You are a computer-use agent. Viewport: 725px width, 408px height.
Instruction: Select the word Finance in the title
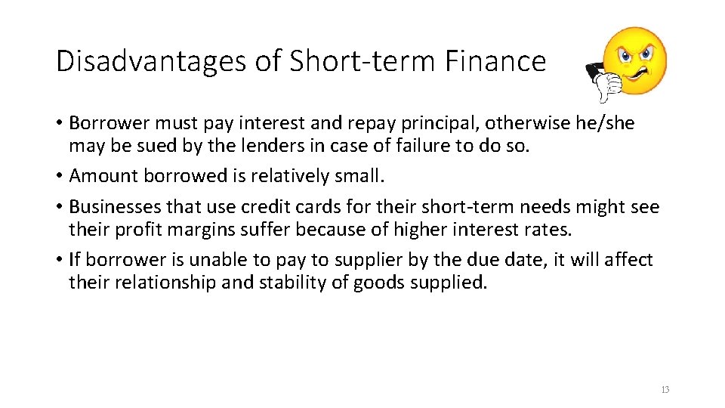pos(495,61)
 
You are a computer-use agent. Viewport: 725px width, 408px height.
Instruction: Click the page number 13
pos(665,390)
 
